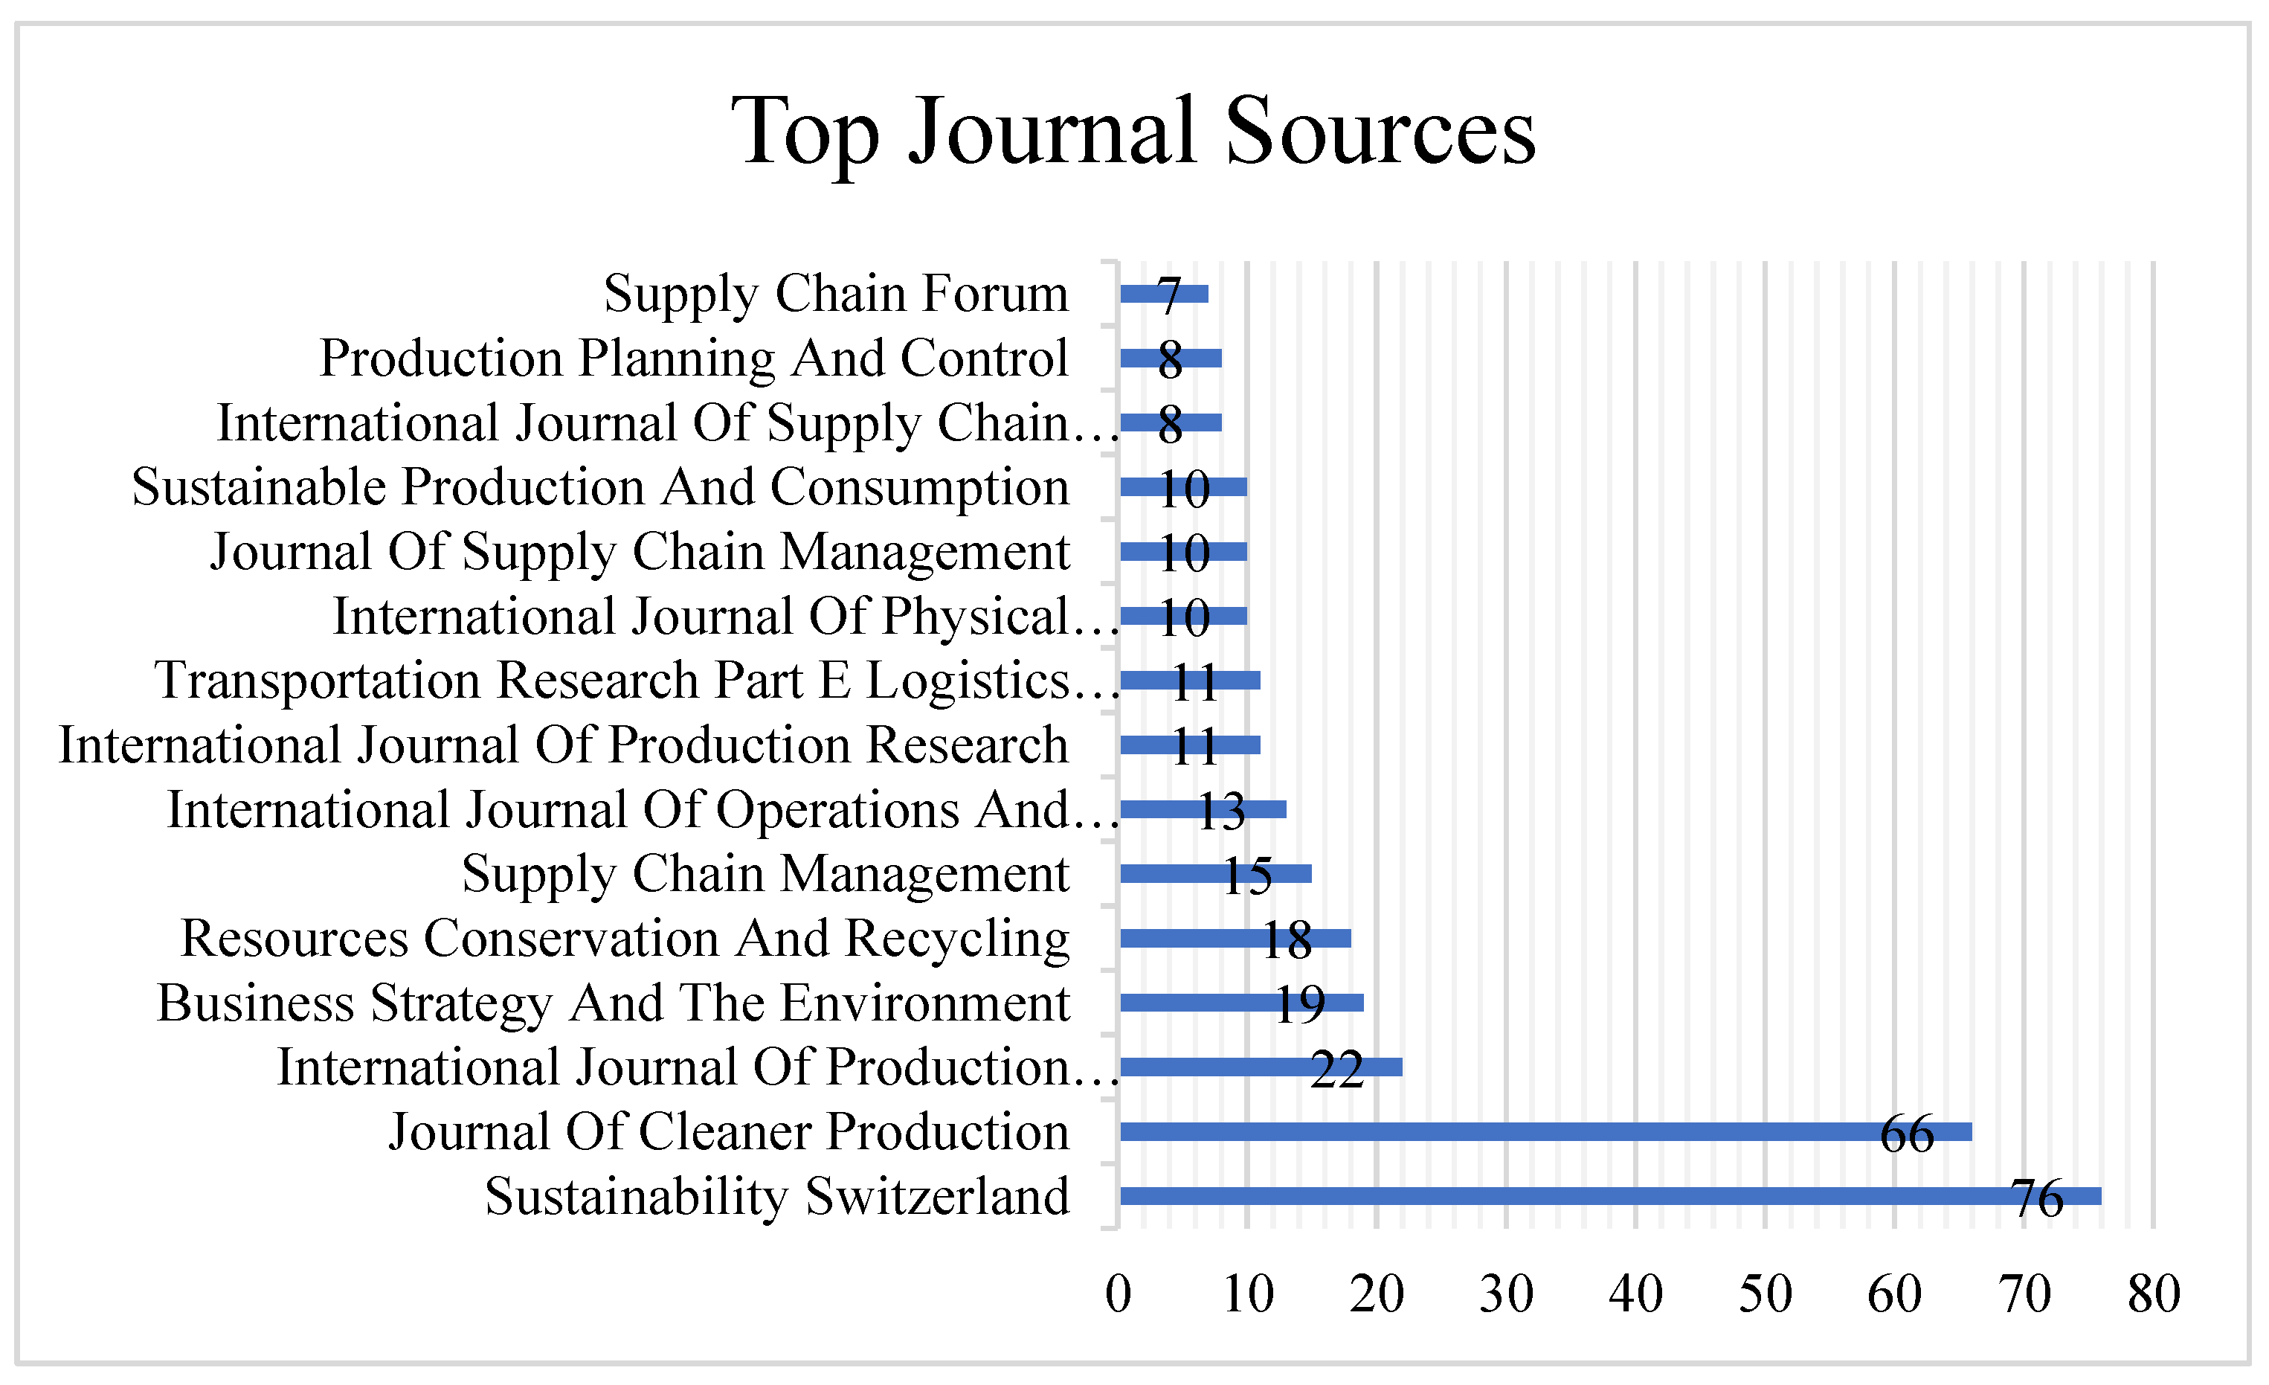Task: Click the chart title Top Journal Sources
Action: point(1133,132)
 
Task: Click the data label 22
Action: point(1337,1070)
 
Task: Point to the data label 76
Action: point(2037,1199)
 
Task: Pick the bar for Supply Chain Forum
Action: point(1163,294)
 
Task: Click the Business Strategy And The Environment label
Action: point(614,1003)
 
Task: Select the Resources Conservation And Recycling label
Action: point(625,939)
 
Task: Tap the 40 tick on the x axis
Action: point(1635,1294)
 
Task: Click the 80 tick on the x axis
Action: point(2153,1294)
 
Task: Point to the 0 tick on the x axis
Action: point(1118,1294)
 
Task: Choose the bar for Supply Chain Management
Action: point(1215,874)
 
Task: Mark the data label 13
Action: point(1221,812)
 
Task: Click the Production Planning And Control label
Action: point(693,359)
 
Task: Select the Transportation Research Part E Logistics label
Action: point(635,681)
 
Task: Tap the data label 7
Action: point(1170,297)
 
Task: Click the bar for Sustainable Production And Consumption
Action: point(1183,487)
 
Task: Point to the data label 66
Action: point(1907,1134)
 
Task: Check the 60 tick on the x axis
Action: point(1894,1294)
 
